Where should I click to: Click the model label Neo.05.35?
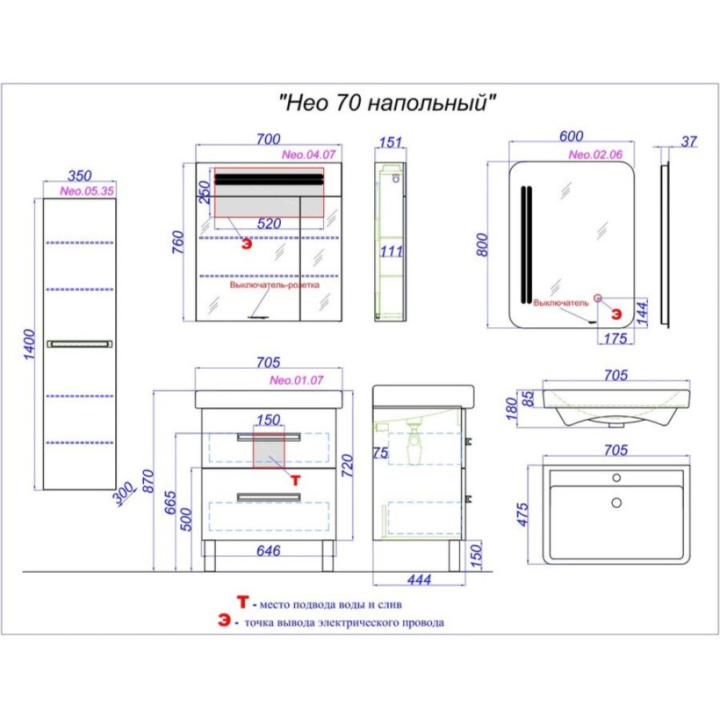coord(86,191)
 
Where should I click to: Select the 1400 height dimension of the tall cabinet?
coord(29,344)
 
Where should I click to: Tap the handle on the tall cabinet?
coord(79,343)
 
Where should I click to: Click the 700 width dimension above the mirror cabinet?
coord(268,139)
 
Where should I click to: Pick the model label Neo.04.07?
coord(309,154)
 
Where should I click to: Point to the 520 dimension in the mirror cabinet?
coord(269,224)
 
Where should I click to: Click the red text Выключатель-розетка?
coord(274,285)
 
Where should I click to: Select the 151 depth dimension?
coord(390,142)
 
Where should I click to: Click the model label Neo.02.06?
coord(595,154)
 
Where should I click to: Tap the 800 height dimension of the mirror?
coord(482,245)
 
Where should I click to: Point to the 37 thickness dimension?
coord(689,142)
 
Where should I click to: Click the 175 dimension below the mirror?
coord(615,338)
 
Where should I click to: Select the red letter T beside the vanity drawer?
coord(296,481)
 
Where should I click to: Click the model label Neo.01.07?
coord(296,380)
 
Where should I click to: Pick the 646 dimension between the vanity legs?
coord(269,550)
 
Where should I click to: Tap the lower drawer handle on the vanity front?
coord(269,497)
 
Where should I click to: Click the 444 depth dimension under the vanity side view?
coord(419,580)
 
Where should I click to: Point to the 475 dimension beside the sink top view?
coord(522,514)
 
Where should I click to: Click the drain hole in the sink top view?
coord(617,503)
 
